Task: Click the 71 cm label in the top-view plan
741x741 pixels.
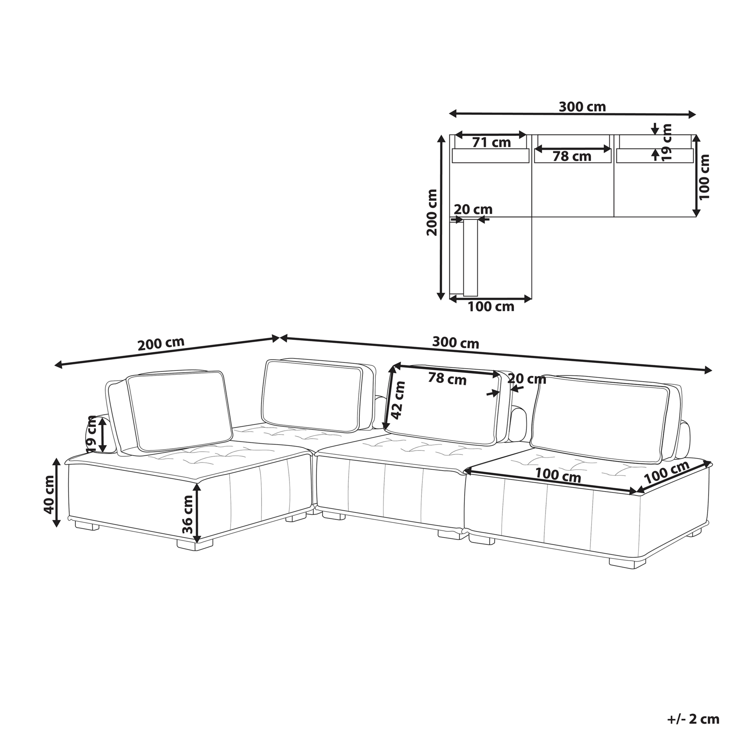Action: click(x=491, y=142)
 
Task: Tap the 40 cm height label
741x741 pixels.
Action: click(x=49, y=494)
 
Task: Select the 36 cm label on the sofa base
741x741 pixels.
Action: click(x=187, y=514)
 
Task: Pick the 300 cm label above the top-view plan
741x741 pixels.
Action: click(x=582, y=107)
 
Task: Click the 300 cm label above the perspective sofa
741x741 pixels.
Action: click(x=455, y=343)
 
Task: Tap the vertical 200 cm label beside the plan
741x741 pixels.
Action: click(x=432, y=212)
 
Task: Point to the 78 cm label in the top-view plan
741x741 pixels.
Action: click(x=572, y=156)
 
